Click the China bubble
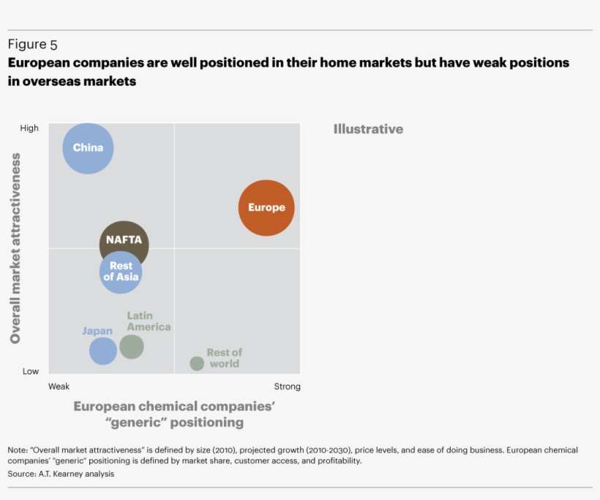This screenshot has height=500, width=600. (88, 148)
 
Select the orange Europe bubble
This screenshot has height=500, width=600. (266, 208)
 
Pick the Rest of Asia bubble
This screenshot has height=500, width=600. (120, 272)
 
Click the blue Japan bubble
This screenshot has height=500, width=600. (103, 351)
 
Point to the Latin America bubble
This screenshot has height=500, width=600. (132, 346)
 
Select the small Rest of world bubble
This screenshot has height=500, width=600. (197, 363)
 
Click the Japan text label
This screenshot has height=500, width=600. (97, 331)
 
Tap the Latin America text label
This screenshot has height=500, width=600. (149, 321)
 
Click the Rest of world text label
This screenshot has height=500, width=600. (224, 358)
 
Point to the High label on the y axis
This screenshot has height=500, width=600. (29, 128)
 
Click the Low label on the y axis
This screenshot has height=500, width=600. (30, 371)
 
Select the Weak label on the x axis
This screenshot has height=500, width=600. (59, 387)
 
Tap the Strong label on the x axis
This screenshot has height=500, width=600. (287, 387)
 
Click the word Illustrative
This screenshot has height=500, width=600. (368, 129)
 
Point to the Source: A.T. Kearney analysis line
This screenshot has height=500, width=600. (61, 474)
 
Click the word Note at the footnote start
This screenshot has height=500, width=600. (17, 450)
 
